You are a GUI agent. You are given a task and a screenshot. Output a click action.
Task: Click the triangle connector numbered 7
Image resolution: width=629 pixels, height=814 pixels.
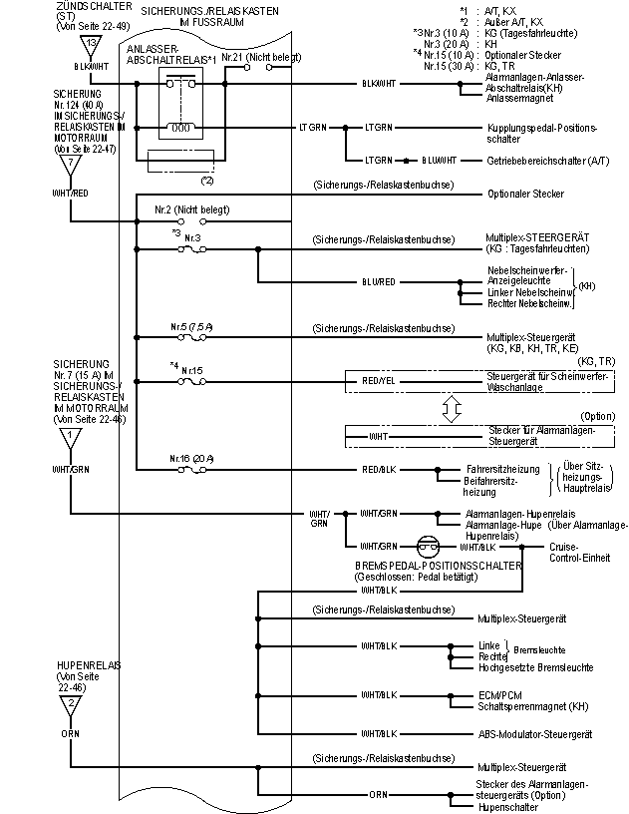71,162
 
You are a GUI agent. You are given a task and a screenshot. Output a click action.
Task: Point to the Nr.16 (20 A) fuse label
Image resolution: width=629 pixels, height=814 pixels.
193,458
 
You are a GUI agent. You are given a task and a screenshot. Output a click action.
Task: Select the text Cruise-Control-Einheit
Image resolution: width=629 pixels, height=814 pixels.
578,552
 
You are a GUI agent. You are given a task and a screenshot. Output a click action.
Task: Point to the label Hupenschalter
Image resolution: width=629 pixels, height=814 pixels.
502,806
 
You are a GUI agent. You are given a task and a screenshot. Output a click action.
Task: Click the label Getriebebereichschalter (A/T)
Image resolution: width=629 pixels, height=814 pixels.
547,160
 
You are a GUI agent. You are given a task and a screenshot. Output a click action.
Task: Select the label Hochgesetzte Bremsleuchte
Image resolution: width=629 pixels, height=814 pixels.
536,667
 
